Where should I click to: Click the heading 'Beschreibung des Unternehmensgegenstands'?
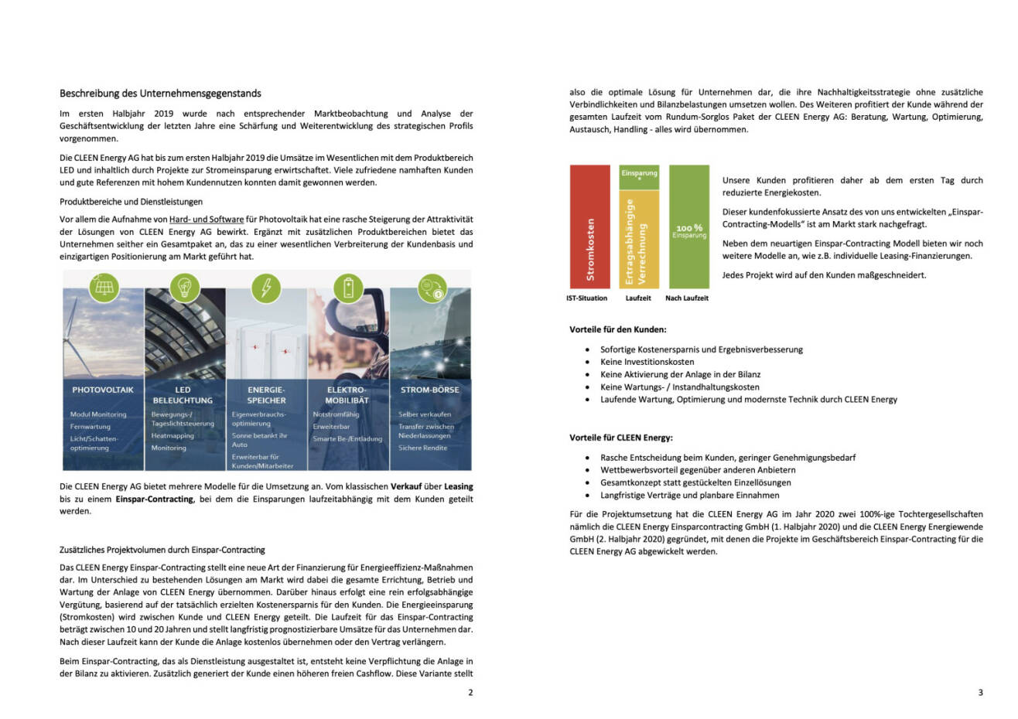(x=160, y=94)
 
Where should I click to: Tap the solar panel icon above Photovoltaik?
(x=103, y=288)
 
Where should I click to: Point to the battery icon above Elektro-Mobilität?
(x=348, y=288)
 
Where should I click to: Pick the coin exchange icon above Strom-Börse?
(x=430, y=288)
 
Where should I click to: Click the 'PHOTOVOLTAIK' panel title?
(x=103, y=390)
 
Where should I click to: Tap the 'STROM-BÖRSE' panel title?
(x=429, y=390)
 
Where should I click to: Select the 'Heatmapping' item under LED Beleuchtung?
(x=173, y=436)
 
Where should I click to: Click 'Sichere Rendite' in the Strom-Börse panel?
(x=422, y=448)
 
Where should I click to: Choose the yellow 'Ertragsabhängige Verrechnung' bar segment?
(x=639, y=240)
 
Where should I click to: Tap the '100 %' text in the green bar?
(x=688, y=228)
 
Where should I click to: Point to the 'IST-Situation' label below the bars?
(x=586, y=298)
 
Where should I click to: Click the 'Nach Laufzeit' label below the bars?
(x=687, y=298)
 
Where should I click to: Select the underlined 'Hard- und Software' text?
(x=207, y=220)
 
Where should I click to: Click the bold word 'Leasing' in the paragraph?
(x=458, y=486)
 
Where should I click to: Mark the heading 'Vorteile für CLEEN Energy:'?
(x=620, y=438)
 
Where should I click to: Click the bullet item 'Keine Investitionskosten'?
(x=647, y=362)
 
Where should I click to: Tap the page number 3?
(x=980, y=693)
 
